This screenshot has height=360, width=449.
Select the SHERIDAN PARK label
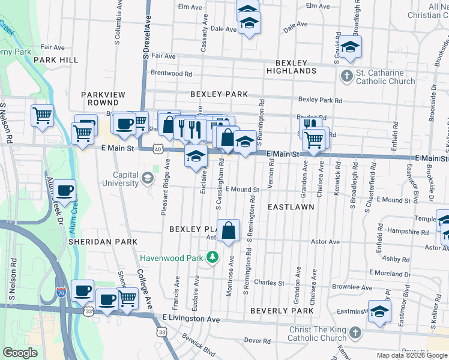(103, 241)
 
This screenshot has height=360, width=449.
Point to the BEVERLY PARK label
(282, 311)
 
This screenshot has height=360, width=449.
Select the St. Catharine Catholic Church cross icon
(346, 76)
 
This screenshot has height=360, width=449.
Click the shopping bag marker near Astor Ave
(229, 230)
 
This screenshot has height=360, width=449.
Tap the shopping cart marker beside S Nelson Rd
(42, 114)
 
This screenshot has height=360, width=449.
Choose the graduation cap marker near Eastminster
(379, 313)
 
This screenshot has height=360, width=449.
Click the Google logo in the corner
(20, 353)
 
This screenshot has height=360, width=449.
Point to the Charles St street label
(268, 283)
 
